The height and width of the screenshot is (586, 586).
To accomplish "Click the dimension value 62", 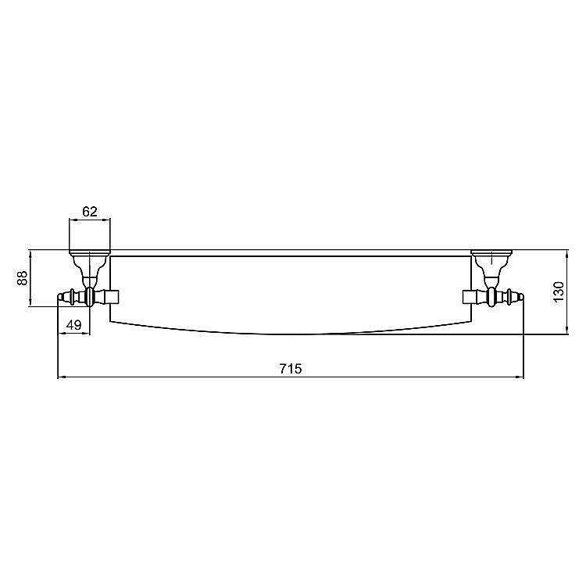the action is pyautogui.click(x=90, y=212).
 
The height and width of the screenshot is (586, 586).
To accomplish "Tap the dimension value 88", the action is pyautogui.click(x=23, y=278).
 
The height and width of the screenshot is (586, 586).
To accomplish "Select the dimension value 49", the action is pyautogui.click(x=73, y=325).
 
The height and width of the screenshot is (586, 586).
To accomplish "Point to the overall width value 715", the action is pyautogui.click(x=291, y=369).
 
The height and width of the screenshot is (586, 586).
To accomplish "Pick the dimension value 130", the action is pyautogui.click(x=559, y=293).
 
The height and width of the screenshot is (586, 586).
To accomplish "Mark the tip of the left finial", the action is pyautogui.click(x=58, y=297).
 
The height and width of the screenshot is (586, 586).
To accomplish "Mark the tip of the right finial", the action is pyautogui.click(x=523, y=297).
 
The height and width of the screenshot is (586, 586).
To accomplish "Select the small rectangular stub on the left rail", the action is pyautogui.click(x=111, y=297).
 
